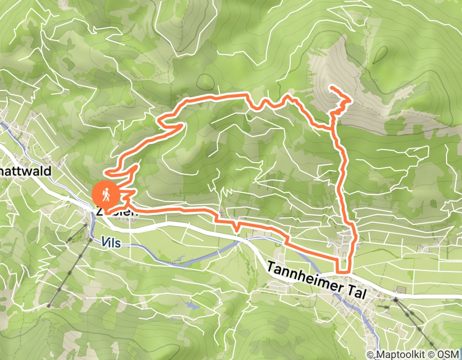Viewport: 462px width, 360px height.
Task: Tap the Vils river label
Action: click(x=111, y=242)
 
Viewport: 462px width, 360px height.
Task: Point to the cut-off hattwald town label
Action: click(x=26, y=171)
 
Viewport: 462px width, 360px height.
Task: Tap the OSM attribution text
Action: click(x=448, y=354)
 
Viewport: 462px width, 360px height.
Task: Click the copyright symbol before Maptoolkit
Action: click(x=371, y=354)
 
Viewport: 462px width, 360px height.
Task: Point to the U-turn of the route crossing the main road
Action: click(x=343, y=269)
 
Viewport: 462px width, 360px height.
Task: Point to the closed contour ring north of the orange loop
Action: click(x=206, y=81)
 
